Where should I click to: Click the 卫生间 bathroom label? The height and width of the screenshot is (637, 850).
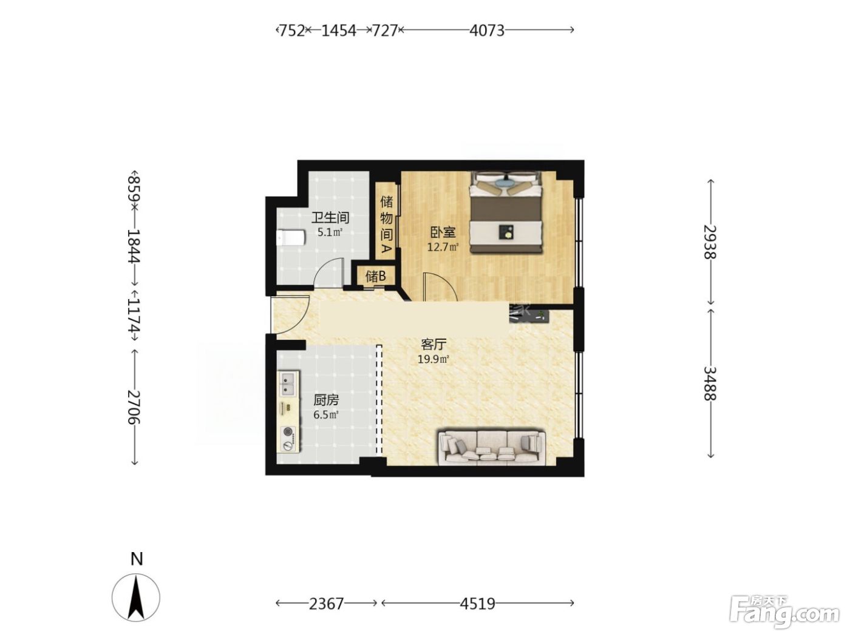pos(330,217)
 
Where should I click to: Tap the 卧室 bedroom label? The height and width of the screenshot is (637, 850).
pos(443,232)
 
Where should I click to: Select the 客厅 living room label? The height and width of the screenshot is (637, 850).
pos(433,343)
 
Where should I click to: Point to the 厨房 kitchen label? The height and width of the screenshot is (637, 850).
pos(326,400)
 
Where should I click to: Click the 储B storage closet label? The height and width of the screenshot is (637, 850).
pos(376,276)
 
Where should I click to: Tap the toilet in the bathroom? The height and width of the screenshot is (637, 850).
pos(291,238)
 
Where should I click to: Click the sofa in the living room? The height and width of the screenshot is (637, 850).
pos(492,448)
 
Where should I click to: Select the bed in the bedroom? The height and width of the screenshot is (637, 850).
pos(506,212)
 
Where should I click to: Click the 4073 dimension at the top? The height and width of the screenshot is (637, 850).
pos(487,30)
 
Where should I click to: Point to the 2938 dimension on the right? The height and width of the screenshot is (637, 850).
pos(710,241)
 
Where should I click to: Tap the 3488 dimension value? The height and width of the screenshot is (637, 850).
pos(710,383)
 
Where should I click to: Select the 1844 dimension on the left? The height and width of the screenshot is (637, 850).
pos(134,246)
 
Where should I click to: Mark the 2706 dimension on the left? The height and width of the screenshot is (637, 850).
pos(134,407)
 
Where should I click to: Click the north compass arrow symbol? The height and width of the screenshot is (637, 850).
pos(136,598)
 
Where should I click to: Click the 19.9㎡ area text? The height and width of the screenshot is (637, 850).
pos(433,359)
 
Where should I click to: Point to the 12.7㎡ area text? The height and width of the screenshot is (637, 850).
pos(443,247)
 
